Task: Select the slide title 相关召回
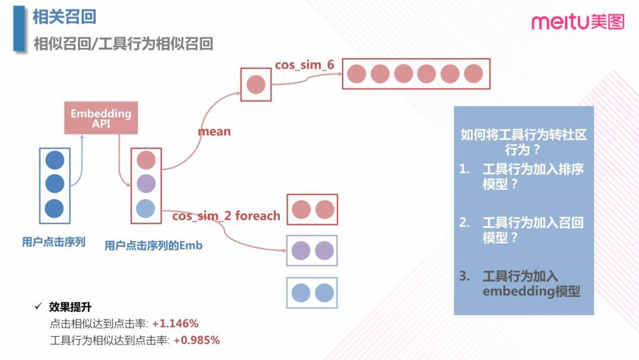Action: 64,17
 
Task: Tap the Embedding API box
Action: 101,118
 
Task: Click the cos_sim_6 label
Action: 305,65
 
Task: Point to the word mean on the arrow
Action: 214,131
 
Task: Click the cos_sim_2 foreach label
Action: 226,216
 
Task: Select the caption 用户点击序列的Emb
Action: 153,245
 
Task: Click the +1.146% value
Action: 175,324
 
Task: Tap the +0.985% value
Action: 196,340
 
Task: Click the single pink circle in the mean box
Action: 256,84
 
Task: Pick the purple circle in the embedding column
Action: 146,184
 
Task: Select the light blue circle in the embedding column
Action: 146,208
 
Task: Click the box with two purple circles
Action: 312,251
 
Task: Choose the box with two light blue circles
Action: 312,293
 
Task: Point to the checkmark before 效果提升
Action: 38,307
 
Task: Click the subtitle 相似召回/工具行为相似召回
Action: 123,44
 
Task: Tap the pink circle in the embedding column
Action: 146,160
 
